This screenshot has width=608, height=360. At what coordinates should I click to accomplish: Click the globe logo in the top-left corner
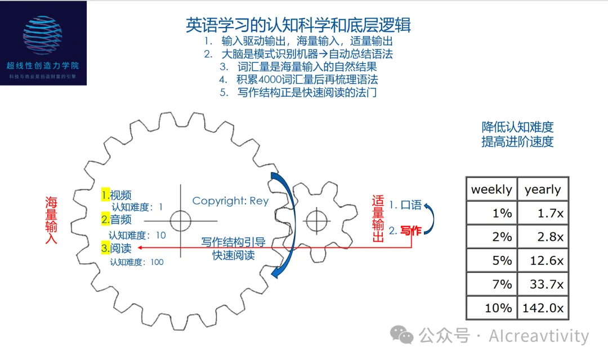pos(43,35)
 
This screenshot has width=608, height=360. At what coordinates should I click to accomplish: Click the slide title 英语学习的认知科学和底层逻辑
pos(298,25)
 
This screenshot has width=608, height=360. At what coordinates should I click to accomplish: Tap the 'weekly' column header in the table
pos(491,190)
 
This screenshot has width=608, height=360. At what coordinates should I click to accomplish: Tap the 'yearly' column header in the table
pos(543,190)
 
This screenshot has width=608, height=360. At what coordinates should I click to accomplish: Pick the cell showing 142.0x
pos(543,308)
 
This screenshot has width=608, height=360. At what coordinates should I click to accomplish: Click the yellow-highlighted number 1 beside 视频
pos(105,195)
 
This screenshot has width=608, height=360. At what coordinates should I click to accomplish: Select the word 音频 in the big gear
pos(120,219)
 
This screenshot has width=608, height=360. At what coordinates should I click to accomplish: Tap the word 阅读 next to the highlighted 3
pos(120,247)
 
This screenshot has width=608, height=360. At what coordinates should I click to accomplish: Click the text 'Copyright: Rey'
pos(230,201)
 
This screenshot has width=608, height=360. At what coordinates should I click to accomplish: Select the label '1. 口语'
pos(405,205)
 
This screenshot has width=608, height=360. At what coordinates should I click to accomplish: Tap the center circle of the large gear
pos(181,220)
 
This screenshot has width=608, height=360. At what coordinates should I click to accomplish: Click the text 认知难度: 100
pos(136,262)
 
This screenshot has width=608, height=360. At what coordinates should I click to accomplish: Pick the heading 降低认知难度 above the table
pos(517,127)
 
